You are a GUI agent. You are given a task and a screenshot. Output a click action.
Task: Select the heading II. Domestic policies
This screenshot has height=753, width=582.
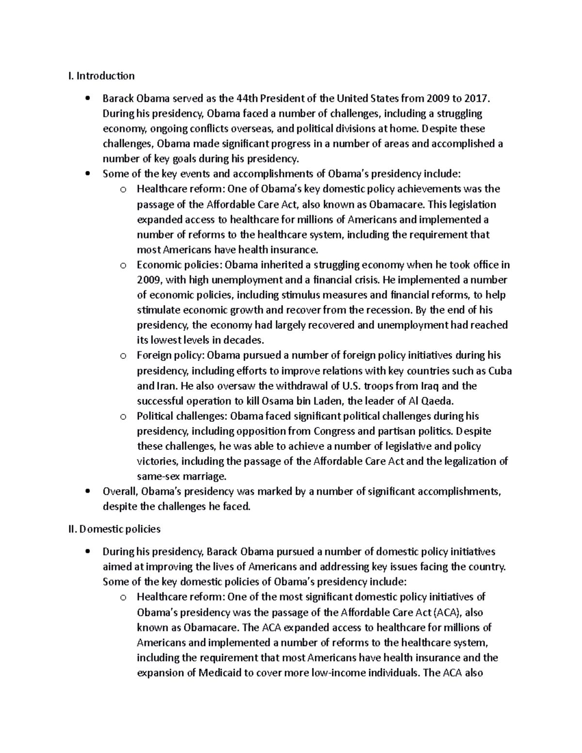(x=115, y=529)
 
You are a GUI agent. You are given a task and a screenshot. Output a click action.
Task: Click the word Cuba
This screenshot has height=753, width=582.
(x=500, y=371)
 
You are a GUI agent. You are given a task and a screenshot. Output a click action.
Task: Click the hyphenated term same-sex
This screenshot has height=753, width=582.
(x=158, y=476)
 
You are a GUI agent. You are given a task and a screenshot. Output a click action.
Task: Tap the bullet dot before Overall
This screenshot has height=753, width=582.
(x=87, y=492)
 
